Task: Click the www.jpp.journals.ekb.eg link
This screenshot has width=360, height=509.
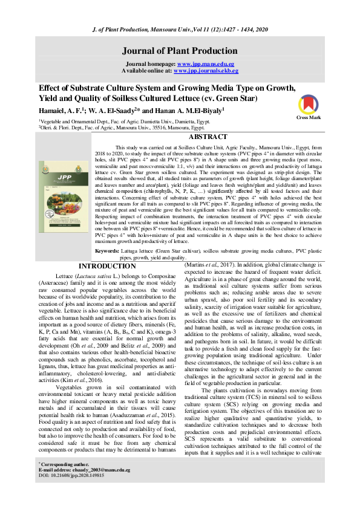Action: click(208, 71)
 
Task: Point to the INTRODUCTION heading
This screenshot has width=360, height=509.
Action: click(108, 282)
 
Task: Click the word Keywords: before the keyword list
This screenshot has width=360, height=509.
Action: click(107, 267)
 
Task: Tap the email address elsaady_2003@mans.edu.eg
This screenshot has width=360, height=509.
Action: click(102, 486)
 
